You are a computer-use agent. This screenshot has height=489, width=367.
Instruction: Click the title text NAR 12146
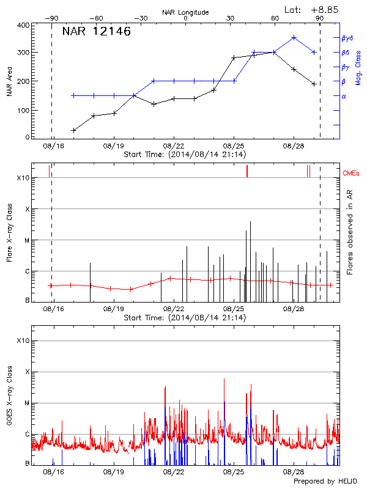[x=96, y=32]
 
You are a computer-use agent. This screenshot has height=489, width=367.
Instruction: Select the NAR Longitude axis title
[x=185, y=12]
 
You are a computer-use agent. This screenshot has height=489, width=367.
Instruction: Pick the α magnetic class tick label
[x=343, y=97]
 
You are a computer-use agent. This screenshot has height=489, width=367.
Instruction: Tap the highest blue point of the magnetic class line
[x=294, y=37]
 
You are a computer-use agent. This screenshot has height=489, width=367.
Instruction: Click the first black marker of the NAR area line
[x=74, y=130]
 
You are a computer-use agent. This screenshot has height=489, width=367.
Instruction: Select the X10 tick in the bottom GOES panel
[x=23, y=340]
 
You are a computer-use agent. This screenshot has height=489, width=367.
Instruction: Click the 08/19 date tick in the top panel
[x=114, y=147]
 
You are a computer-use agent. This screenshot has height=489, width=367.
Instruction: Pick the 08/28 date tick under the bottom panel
[x=294, y=472]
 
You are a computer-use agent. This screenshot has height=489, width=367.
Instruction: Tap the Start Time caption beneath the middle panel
[x=185, y=318]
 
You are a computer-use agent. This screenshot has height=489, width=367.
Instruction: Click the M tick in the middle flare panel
[x=26, y=240]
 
